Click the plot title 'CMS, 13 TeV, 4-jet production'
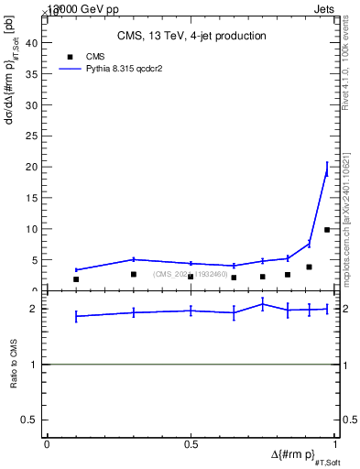[191, 36]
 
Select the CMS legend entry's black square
[66, 56]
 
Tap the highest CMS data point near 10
[327, 230]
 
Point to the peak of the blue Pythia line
[327, 169]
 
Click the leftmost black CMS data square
[76, 279]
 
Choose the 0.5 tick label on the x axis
[191, 444]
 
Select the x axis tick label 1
[337, 444]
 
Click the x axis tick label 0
[47, 444]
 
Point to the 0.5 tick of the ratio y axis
[34, 420]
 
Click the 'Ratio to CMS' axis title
[14, 365]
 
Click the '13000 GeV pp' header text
[77, 7]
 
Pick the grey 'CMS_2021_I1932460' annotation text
[191, 274]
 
